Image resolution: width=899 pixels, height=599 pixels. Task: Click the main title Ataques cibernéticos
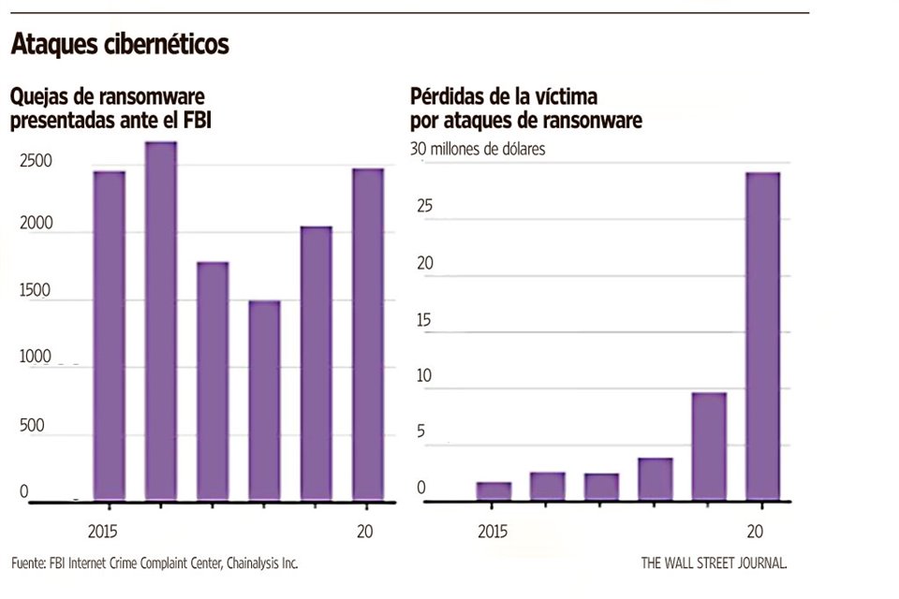point(119,45)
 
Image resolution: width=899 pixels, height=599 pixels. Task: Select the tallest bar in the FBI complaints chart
point(161,321)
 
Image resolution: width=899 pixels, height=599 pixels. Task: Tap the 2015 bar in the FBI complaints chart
point(110,336)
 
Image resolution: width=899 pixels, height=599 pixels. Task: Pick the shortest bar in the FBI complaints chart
point(264,401)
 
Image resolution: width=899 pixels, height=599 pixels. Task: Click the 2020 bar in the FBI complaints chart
point(367,335)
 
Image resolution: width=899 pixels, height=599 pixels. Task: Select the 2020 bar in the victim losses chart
point(762,337)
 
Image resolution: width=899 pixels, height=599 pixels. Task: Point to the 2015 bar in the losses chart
point(494,491)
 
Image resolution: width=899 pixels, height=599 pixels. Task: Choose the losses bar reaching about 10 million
point(709,446)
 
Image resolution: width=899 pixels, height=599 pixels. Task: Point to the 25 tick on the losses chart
point(425,208)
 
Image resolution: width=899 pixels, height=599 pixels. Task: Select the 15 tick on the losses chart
point(425,320)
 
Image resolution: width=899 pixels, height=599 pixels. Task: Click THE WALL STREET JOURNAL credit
point(714,563)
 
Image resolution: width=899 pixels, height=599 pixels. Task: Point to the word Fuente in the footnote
point(30,563)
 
